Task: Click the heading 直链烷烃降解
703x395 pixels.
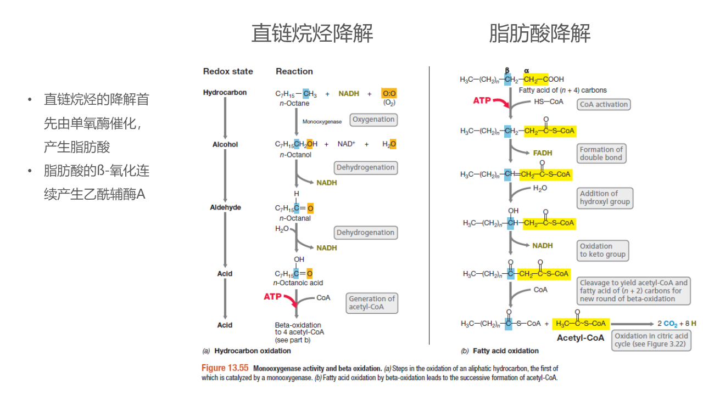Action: (x=312, y=33)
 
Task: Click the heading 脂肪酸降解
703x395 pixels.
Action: (x=539, y=33)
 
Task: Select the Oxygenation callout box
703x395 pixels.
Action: (x=373, y=120)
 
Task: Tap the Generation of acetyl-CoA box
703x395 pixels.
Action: (x=372, y=303)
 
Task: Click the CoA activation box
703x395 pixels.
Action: (x=604, y=104)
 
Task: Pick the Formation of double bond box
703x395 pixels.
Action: (x=601, y=154)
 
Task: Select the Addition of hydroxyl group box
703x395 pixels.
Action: (x=605, y=198)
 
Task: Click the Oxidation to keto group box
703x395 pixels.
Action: (x=602, y=250)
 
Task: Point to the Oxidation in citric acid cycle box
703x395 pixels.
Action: (x=651, y=340)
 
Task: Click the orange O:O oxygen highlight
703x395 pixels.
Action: (x=389, y=94)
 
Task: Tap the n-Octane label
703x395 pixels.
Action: (x=294, y=104)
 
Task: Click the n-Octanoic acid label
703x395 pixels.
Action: (x=298, y=283)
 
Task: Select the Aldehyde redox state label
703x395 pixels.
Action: (x=225, y=207)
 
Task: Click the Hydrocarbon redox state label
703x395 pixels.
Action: (x=225, y=93)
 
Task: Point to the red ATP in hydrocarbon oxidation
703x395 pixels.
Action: (x=272, y=297)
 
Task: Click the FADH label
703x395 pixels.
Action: (x=542, y=153)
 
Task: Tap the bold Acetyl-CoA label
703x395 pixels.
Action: (x=580, y=337)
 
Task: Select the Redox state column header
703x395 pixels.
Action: (x=228, y=71)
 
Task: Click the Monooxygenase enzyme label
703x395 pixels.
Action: (x=322, y=121)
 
